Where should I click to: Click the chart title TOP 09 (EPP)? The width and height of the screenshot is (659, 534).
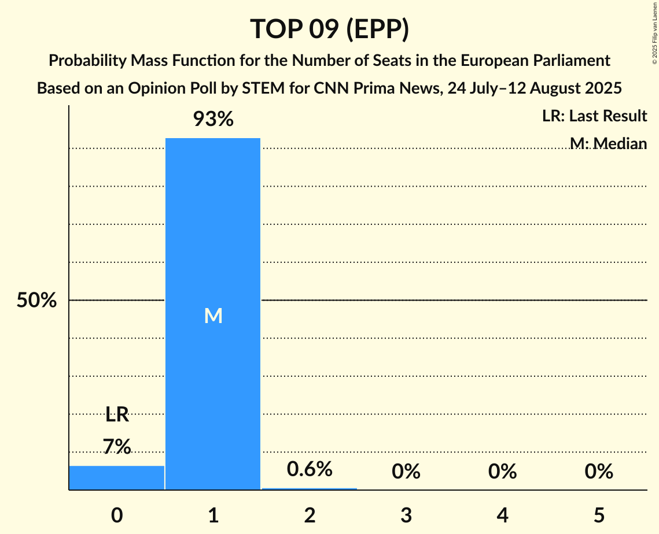[x=329, y=29]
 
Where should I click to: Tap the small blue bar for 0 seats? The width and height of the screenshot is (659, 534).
[x=117, y=477]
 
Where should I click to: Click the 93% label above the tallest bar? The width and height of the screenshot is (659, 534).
[x=213, y=120]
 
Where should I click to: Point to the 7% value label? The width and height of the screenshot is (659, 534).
[x=117, y=447]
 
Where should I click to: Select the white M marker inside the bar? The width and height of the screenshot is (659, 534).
[x=213, y=316]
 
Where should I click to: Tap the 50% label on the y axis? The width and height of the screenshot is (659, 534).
[x=36, y=301]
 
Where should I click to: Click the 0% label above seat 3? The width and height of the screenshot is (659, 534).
[x=406, y=472]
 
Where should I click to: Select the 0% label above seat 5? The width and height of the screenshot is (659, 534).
[x=598, y=472]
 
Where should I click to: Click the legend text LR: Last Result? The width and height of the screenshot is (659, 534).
[x=594, y=116]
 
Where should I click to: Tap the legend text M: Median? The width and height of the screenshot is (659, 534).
[x=608, y=143]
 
